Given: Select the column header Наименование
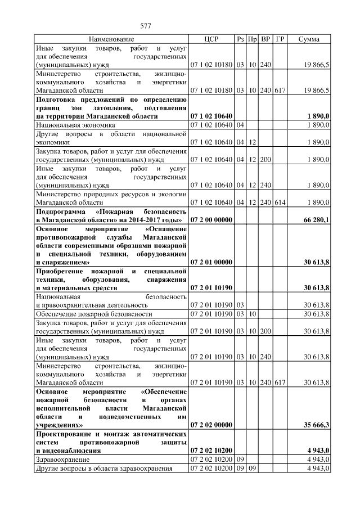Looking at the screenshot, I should click(x=111, y=39).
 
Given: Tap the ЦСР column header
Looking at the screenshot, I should click(x=211, y=39).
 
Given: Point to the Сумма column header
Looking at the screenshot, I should click(x=309, y=39).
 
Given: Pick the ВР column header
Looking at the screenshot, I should click(x=266, y=39).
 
